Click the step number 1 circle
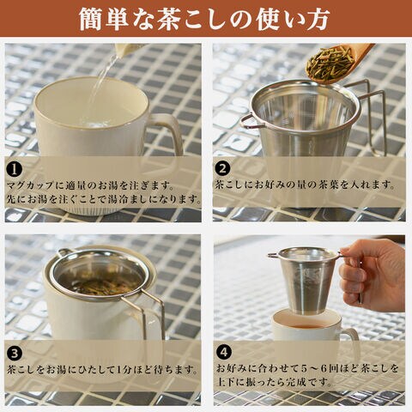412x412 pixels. coord(14,170)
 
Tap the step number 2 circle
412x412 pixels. coord(222,169)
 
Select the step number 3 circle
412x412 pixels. coord(14,354)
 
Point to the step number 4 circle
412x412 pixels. coord(223,352)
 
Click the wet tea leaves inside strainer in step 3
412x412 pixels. coord(100,285)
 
